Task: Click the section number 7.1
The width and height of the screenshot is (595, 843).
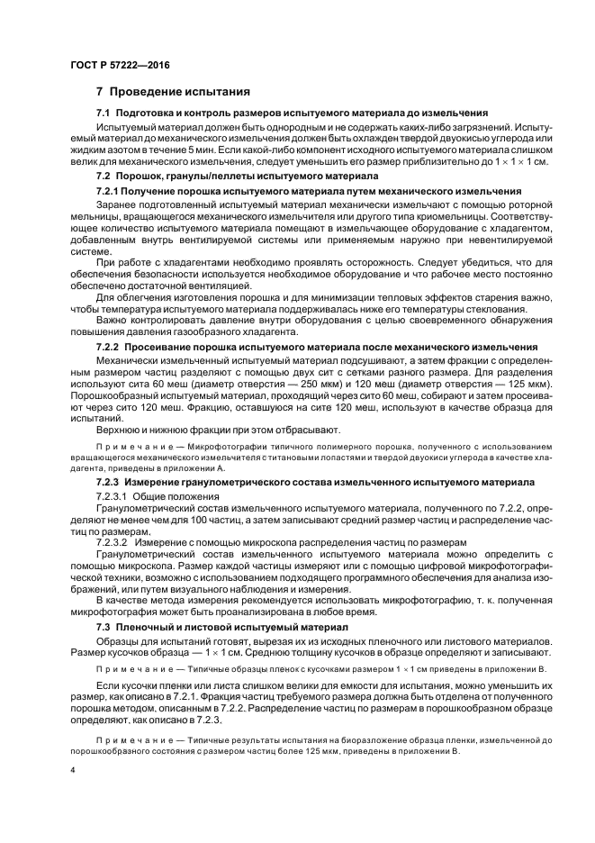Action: tap(104, 113)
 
